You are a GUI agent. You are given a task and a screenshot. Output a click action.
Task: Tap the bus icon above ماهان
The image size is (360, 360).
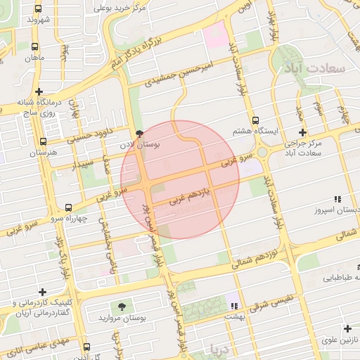click(35, 46)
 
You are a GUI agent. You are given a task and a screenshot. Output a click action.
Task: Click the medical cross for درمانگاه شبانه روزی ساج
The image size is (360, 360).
click(39, 91)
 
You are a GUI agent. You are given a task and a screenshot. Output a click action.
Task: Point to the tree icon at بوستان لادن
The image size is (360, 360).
click(139, 133)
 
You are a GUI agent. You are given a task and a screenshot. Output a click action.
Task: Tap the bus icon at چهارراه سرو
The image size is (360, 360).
click(68, 208)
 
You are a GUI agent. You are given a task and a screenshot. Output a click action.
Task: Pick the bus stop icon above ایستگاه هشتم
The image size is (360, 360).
click(255, 120)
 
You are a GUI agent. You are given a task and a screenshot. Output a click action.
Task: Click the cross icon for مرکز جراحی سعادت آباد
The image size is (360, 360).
click(302, 132)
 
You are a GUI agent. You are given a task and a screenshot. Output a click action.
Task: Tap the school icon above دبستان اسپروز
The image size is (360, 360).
click(337, 199)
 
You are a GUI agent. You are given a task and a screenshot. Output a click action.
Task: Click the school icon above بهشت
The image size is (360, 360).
click(234, 306)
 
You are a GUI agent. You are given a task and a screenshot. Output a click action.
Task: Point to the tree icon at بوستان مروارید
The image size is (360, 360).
click(124, 307)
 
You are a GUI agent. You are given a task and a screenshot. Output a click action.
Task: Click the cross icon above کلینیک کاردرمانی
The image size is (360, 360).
click(42, 292)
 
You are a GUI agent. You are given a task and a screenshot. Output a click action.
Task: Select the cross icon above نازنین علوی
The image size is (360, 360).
click(347, 328)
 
